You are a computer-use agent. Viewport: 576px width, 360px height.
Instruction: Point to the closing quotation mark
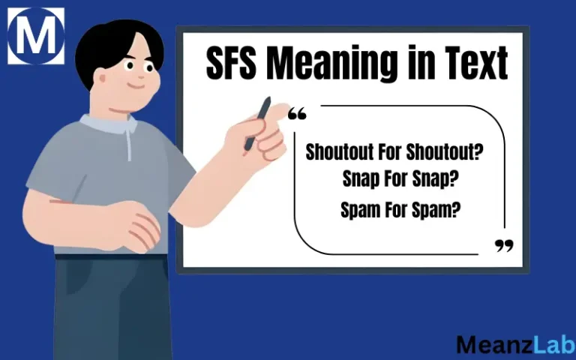click(505, 246)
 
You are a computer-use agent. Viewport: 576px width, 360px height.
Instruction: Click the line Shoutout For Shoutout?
click(394, 152)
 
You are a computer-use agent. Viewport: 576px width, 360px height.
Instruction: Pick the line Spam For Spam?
click(400, 211)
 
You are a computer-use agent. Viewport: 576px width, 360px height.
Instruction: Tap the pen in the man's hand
click(259, 121)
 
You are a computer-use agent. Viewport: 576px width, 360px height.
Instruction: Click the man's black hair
click(112, 45)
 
